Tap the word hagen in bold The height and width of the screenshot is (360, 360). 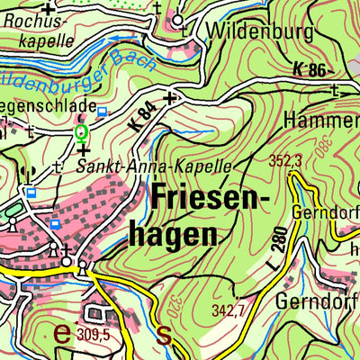(185, 234)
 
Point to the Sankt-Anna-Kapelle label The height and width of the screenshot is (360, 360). (154, 166)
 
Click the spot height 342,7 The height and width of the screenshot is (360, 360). (229, 310)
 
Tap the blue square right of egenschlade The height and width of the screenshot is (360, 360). (102, 112)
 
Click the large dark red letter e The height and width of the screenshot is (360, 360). (62, 332)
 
